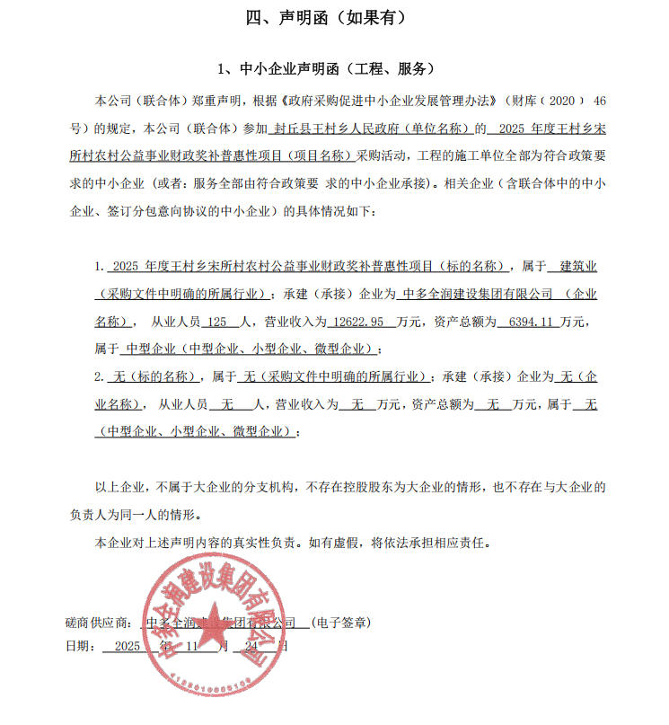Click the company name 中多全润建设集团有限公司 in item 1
[477, 294]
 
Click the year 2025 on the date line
[127, 646]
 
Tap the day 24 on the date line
[251, 646]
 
